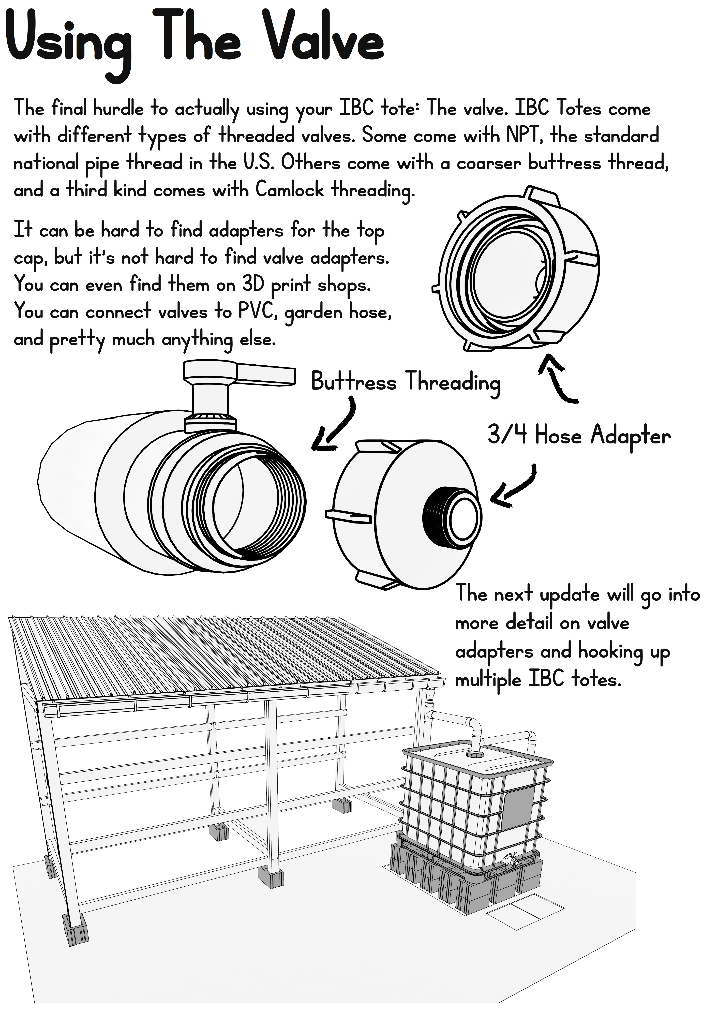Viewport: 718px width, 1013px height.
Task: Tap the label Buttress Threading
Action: (405, 382)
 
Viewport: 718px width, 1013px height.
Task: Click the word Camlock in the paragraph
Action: (290, 190)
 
